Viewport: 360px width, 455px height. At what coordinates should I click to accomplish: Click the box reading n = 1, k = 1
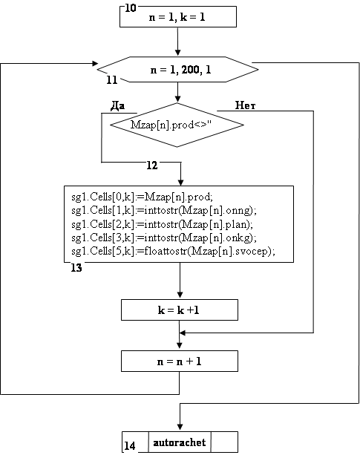coord(178,17)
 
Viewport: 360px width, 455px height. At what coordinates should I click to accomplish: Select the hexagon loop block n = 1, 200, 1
coord(177,69)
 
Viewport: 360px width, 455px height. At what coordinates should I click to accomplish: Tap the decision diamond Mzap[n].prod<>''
coord(177,125)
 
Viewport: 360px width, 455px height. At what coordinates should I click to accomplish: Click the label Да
coord(118,106)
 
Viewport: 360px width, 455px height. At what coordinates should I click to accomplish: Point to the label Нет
coord(245,105)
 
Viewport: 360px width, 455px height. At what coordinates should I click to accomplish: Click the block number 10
coord(130,8)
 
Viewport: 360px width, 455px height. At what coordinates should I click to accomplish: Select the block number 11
coord(112,80)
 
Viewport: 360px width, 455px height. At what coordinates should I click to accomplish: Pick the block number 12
coord(152,166)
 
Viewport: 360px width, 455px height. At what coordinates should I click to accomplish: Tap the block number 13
coord(76,268)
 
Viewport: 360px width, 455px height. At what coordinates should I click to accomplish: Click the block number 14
coord(130,445)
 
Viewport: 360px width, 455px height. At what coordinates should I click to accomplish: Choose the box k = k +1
coord(180,310)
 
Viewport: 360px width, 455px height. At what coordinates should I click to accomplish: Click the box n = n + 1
coord(180,361)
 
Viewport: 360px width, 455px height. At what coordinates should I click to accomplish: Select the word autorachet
coord(180,442)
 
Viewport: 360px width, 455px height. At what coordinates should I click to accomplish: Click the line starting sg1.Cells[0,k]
coord(142,197)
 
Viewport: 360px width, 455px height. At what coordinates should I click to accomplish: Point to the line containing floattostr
coord(173,251)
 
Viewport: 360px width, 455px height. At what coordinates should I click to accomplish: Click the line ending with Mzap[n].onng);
coord(164,210)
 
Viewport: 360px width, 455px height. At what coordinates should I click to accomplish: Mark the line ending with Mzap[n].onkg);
coord(164,238)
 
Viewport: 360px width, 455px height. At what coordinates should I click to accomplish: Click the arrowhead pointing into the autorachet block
coord(180,427)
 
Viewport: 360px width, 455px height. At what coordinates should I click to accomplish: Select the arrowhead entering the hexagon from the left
coord(95,63)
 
